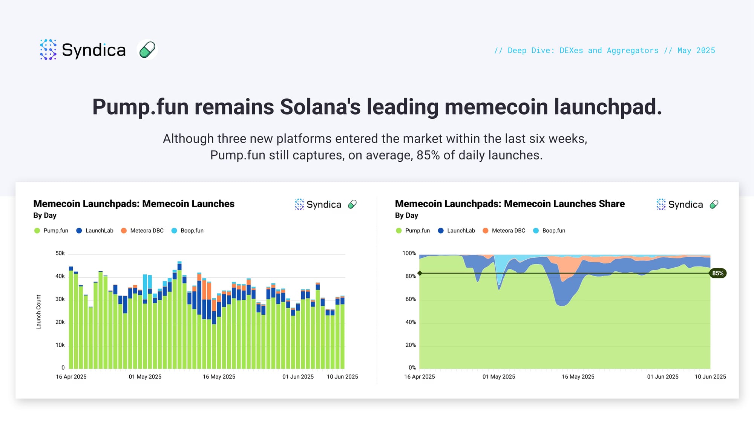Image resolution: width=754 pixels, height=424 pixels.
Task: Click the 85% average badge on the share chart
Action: pos(718,273)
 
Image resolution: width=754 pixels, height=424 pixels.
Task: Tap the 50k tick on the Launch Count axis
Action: pos(60,253)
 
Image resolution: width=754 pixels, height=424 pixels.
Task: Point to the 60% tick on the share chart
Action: pos(411,299)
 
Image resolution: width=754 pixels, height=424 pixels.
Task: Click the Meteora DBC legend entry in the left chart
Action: pos(142,231)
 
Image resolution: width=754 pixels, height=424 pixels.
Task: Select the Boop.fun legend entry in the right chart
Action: pos(549,231)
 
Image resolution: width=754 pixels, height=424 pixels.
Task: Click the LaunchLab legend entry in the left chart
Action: pos(95,231)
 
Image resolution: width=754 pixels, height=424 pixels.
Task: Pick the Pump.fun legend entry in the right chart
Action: pos(413,231)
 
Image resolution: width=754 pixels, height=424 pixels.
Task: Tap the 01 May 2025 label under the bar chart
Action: pos(145,377)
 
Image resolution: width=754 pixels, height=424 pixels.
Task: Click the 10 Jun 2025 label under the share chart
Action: pos(710,377)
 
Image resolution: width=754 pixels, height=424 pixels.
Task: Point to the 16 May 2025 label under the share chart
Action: pos(578,377)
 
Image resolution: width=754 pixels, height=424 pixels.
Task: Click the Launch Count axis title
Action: pos(38,312)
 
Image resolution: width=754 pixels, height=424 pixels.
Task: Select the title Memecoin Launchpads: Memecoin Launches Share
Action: pos(510,204)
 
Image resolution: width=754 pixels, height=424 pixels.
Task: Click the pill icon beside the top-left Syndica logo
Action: pos(147,50)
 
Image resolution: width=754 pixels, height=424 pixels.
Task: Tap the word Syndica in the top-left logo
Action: pos(93,50)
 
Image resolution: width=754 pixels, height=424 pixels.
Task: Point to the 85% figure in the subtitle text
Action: pos(428,155)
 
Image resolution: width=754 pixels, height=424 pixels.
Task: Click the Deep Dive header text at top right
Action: pos(605,51)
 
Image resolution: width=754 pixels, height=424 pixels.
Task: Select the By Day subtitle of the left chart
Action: pos(45,216)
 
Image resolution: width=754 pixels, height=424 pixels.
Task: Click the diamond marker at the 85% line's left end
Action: pos(420,273)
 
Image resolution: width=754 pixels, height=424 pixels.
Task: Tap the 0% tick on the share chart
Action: pos(412,368)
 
